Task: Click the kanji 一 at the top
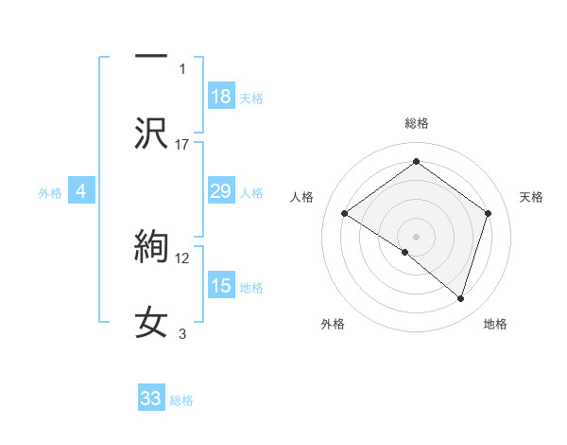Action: tap(151, 56)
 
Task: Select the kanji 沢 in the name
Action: tap(151, 133)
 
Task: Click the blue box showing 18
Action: tap(220, 97)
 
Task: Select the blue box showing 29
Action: tap(220, 191)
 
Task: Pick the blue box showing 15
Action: tap(220, 286)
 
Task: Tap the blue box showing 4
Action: tap(81, 191)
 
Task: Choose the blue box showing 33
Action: tap(151, 399)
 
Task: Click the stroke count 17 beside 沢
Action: tap(182, 144)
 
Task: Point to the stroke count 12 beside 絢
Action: tap(182, 258)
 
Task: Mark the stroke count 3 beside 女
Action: tap(182, 333)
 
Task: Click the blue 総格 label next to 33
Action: tap(182, 400)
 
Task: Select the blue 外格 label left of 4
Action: tap(50, 193)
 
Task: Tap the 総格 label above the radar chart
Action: tap(416, 123)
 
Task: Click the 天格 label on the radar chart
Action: tap(531, 197)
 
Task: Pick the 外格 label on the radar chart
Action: tap(333, 324)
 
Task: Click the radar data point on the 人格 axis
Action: tap(345, 214)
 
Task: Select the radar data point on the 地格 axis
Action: tap(460, 298)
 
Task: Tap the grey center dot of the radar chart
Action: tap(416, 236)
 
